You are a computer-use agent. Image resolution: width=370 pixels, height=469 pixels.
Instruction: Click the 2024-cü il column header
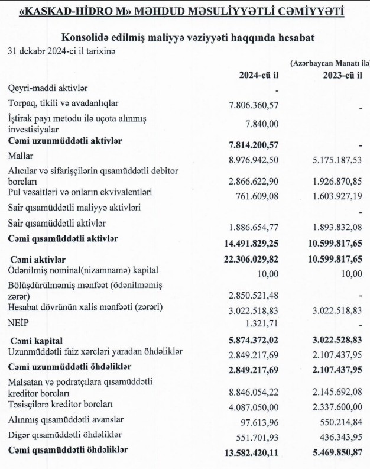point(258,75)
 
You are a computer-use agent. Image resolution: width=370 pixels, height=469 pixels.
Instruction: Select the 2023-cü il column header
point(342,75)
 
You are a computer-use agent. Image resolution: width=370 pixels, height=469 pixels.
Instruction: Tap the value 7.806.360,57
point(253,105)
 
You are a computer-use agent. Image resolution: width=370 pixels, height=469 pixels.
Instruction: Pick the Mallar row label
point(21,158)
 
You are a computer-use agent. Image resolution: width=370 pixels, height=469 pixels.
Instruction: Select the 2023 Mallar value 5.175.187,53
point(337,160)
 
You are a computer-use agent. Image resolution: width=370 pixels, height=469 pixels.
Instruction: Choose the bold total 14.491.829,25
point(251,242)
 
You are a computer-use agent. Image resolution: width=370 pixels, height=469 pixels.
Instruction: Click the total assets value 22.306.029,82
point(251,260)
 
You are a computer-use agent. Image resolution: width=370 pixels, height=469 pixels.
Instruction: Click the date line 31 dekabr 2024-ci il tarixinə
point(61,51)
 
